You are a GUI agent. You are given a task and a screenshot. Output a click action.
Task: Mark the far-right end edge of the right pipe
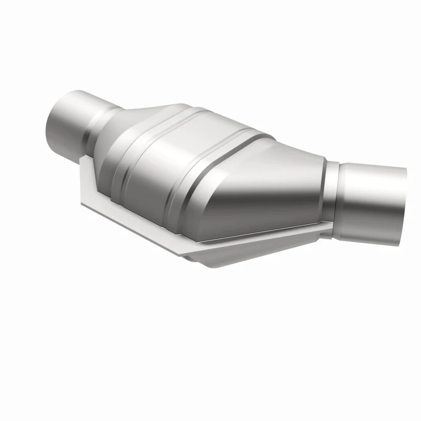[x=404, y=205]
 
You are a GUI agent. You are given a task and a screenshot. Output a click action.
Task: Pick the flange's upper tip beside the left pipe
[x=84, y=158]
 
